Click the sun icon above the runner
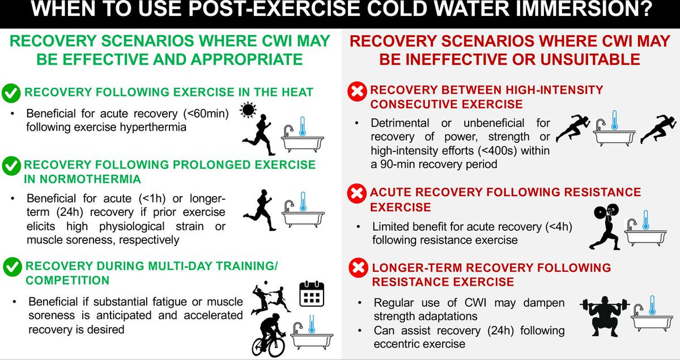[x=248, y=111]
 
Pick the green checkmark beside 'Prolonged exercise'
[x=12, y=166]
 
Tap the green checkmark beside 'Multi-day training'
[x=12, y=265]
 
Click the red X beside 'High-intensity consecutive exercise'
[x=356, y=91]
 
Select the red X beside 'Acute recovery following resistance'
[x=356, y=194]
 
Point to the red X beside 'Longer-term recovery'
[x=356, y=268]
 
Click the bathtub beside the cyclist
[x=309, y=334]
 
